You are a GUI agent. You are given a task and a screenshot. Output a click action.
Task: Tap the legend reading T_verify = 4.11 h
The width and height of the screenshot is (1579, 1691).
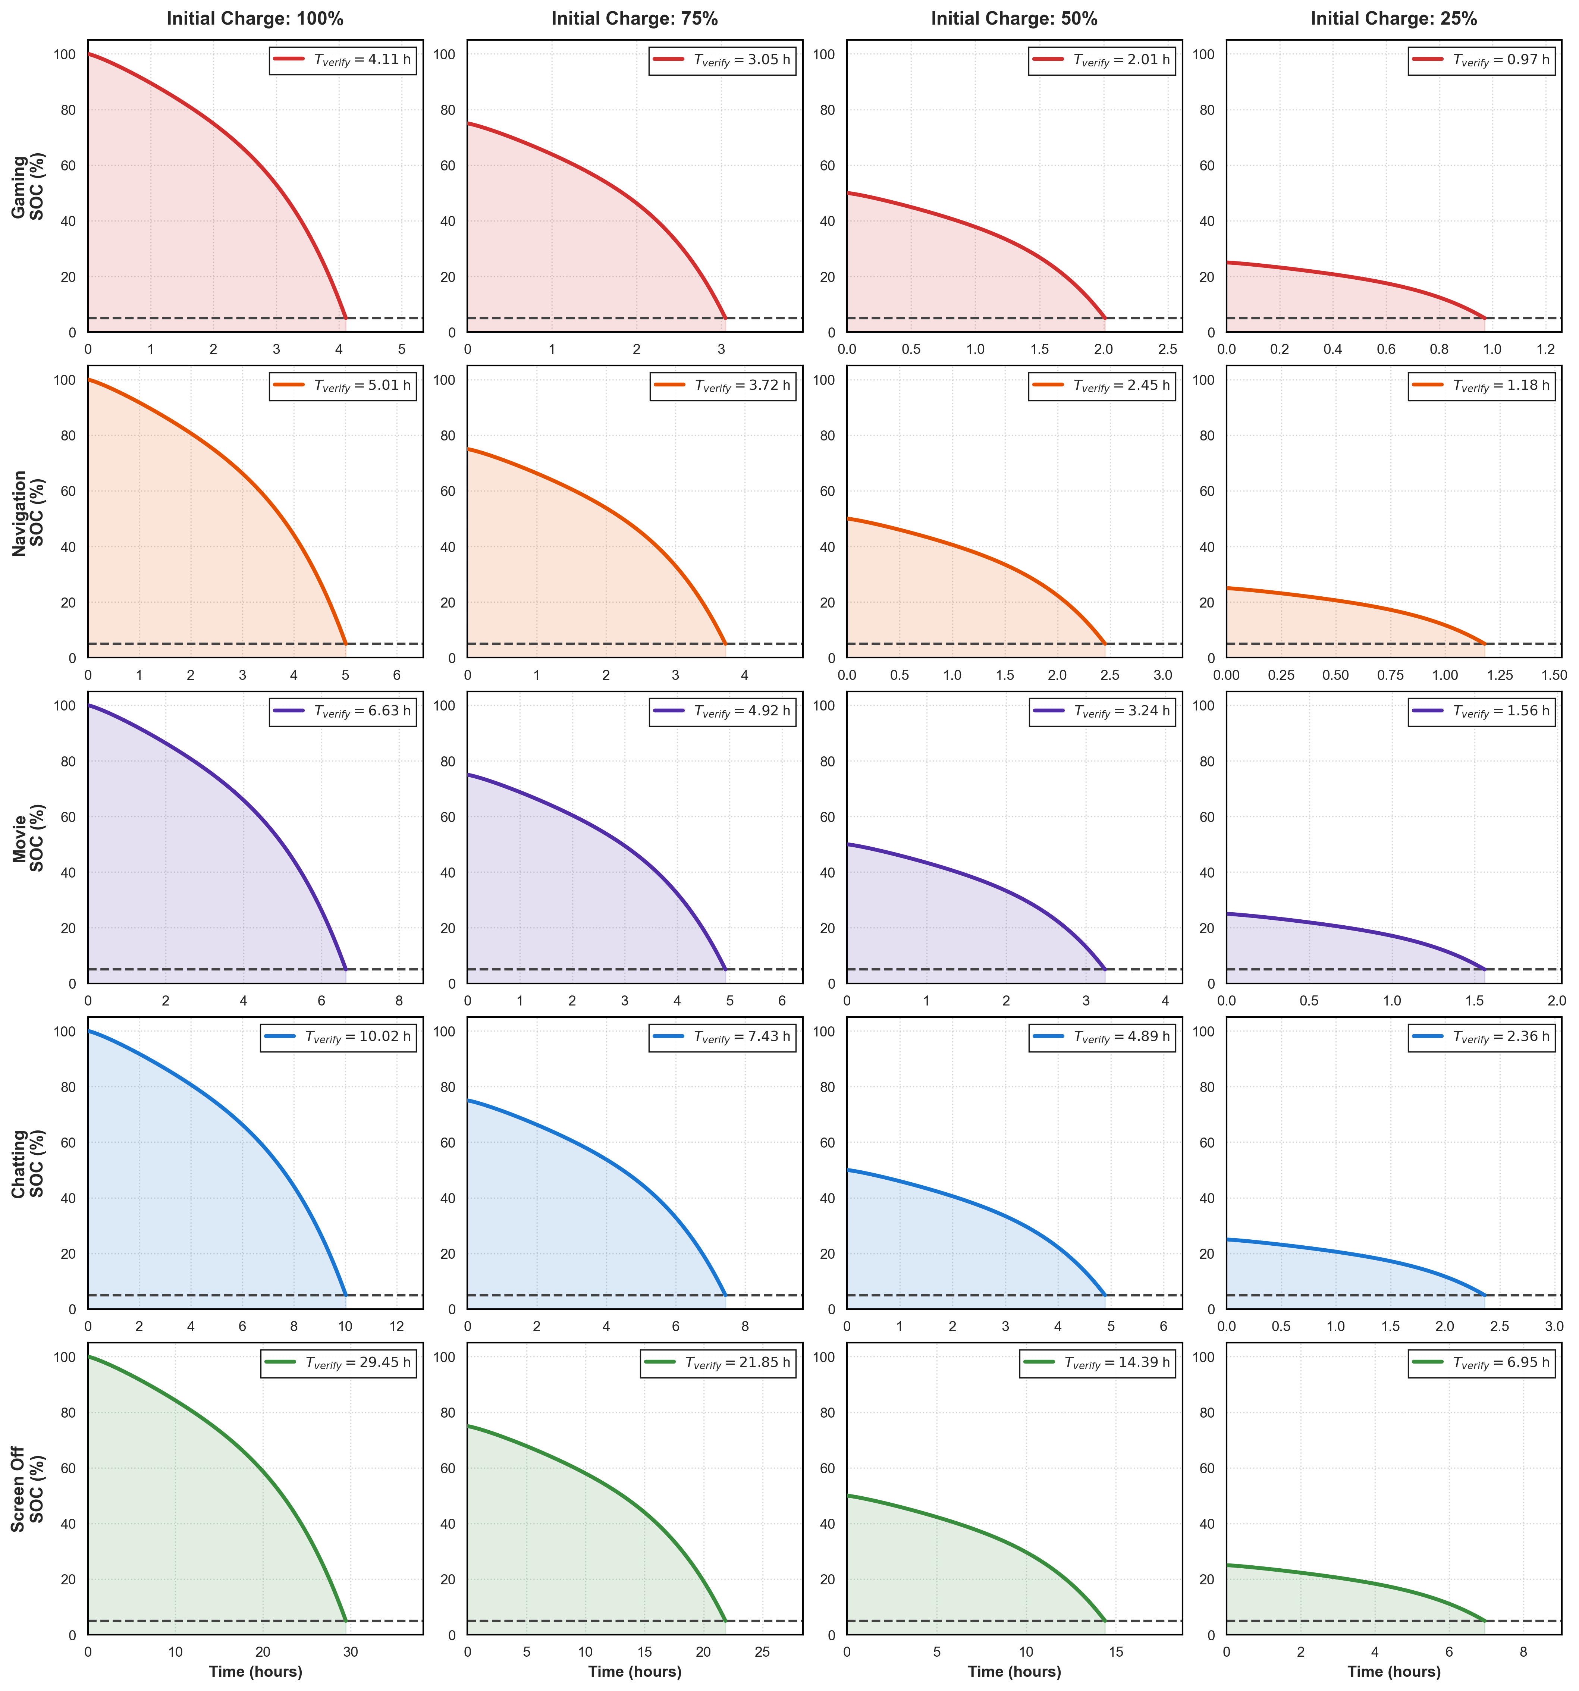point(343,60)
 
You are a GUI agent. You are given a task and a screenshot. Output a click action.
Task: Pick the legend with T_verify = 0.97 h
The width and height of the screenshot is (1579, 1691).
point(1481,60)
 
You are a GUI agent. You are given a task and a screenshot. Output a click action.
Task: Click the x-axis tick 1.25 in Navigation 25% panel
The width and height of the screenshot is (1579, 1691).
point(1499,675)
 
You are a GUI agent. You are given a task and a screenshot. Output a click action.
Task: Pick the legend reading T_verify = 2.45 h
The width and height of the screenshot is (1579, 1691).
point(1102,385)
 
